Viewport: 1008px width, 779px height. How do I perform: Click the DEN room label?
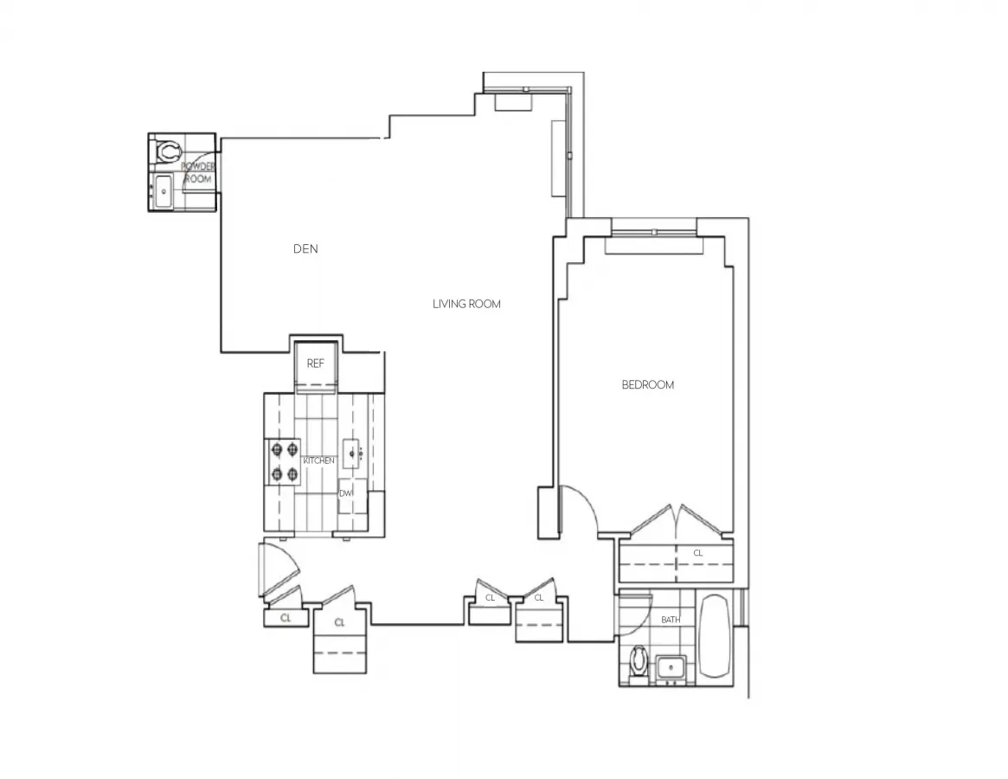tap(305, 249)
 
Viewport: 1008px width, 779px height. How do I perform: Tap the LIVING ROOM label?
tap(466, 304)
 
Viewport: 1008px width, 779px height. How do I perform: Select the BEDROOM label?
tap(647, 384)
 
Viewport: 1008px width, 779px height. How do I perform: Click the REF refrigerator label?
tap(316, 364)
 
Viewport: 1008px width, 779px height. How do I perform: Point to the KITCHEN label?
tap(318, 460)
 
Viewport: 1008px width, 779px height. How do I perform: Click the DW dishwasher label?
tap(346, 493)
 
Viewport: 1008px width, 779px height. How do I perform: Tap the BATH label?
tap(671, 620)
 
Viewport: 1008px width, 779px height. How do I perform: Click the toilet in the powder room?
tap(166, 152)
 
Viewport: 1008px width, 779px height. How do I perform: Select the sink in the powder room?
tap(162, 190)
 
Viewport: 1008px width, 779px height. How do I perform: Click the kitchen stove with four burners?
tap(282, 461)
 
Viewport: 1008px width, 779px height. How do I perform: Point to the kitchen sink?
tap(351, 453)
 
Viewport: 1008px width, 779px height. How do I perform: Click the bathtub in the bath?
tap(716, 636)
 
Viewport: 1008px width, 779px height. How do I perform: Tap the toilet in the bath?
tap(639, 662)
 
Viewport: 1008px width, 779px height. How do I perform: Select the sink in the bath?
tap(671, 667)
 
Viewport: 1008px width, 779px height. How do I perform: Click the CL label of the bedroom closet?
tap(698, 552)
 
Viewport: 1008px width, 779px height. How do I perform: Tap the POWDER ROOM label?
tap(198, 172)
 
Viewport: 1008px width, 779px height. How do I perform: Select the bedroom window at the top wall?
tap(654, 232)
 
